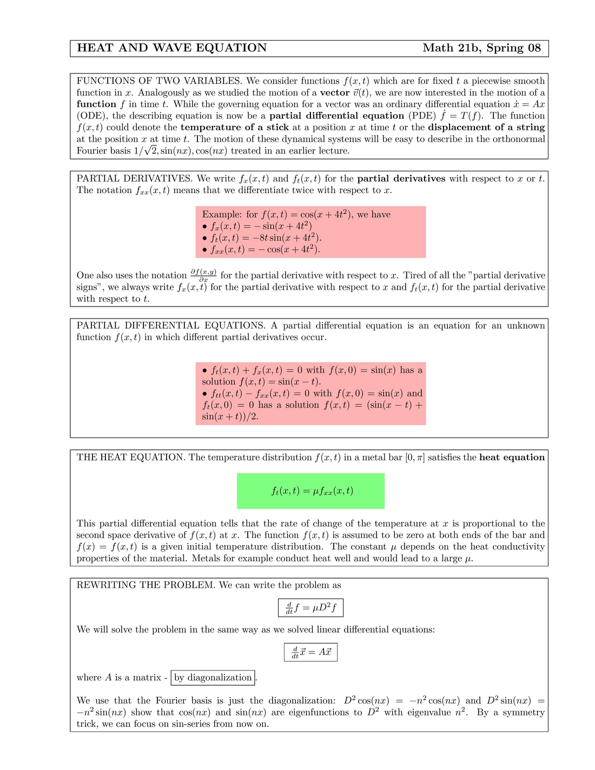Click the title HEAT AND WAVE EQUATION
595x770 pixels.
pyautogui.click(x=171, y=48)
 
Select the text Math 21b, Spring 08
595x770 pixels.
pyautogui.click(x=481, y=48)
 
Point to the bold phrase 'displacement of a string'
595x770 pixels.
pyautogui.click(x=486, y=128)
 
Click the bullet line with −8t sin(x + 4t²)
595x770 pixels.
pyautogui.click(x=262, y=238)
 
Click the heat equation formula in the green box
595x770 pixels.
pyautogui.click(x=312, y=491)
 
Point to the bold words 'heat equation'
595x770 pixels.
pyautogui.click(x=512, y=457)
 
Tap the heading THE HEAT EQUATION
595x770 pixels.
pyautogui.click(x=131, y=457)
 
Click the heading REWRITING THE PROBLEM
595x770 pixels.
pyautogui.click(x=146, y=585)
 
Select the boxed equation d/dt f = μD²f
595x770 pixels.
pyautogui.click(x=310, y=608)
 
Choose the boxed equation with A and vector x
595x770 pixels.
pyautogui.click(x=311, y=652)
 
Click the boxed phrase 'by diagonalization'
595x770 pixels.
pyautogui.click(x=213, y=678)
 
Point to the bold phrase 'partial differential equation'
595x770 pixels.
pyautogui.click(x=336, y=116)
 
